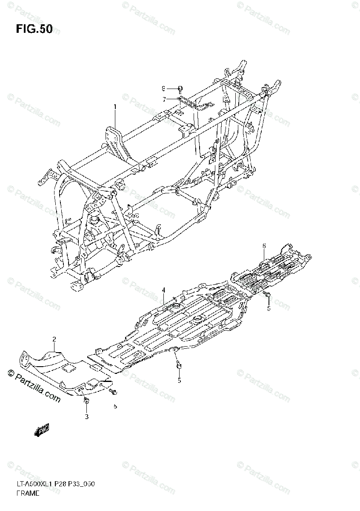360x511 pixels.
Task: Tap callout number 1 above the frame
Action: click(x=114, y=107)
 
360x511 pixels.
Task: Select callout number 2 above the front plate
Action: click(x=54, y=339)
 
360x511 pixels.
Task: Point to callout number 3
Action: click(x=86, y=416)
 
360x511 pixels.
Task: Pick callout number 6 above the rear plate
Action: click(x=264, y=246)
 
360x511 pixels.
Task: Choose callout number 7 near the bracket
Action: click(x=163, y=99)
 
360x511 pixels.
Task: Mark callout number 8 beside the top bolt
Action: click(x=163, y=89)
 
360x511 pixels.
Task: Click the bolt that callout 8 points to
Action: click(x=180, y=89)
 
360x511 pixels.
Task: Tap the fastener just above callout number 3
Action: click(x=86, y=401)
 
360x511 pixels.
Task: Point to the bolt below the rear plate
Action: click(x=268, y=295)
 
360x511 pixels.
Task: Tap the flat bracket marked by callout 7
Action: click(x=189, y=102)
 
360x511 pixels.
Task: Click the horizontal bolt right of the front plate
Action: click(x=113, y=390)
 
